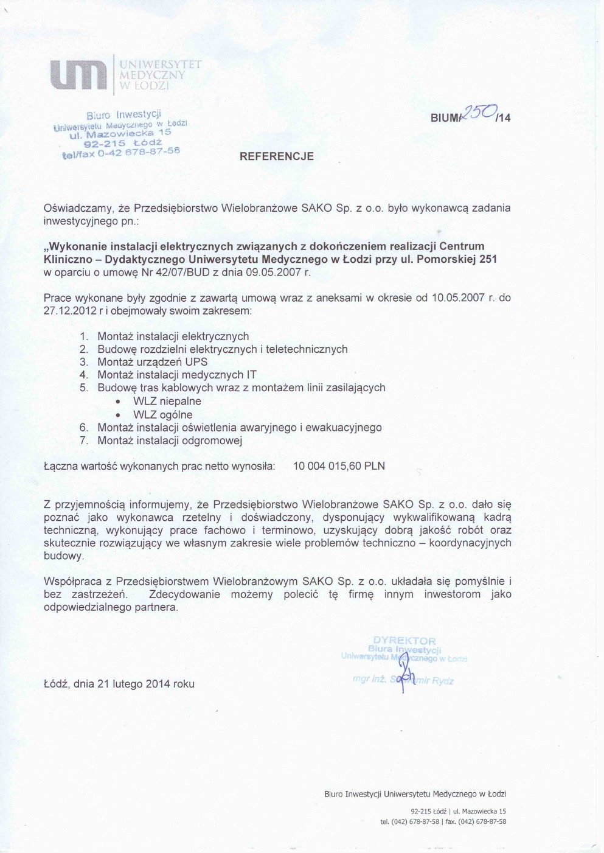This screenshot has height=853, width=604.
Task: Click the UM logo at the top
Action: [78, 75]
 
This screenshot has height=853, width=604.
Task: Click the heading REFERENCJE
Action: [277, 156]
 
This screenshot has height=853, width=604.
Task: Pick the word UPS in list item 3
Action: [196, 362]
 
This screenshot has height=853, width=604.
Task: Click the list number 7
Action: [84, 440]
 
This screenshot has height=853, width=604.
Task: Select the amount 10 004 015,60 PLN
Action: [339, 467]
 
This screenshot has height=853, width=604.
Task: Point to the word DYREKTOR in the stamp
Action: [404, 641]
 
